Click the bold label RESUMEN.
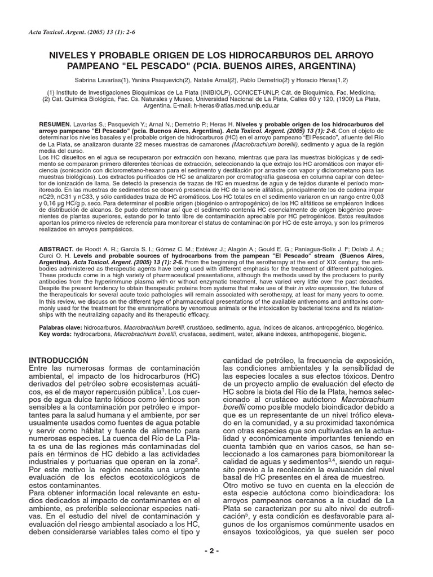click(55, 124)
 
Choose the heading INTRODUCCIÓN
click(59, 359)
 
